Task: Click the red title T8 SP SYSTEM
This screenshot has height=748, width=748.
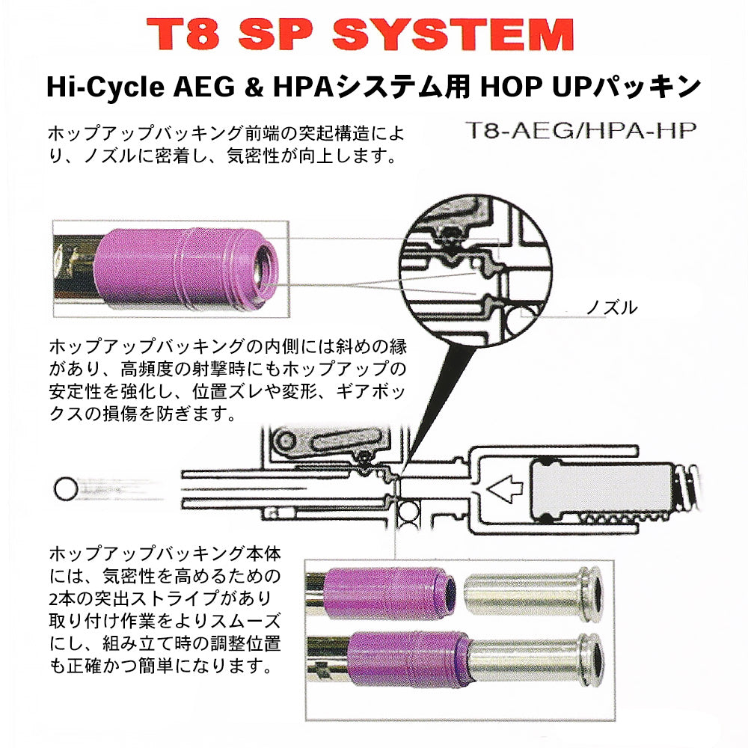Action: [x=361, y=34]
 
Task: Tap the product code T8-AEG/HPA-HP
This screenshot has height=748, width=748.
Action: [x=580, y=130]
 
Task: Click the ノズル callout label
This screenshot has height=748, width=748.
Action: [x=612, y=307]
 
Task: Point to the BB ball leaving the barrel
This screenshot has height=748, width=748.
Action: [x=66, y=488]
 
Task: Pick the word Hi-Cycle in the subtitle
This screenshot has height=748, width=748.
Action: [x=105, y=87]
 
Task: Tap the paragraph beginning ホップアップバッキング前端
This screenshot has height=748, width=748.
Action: [x=226, y=144]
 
